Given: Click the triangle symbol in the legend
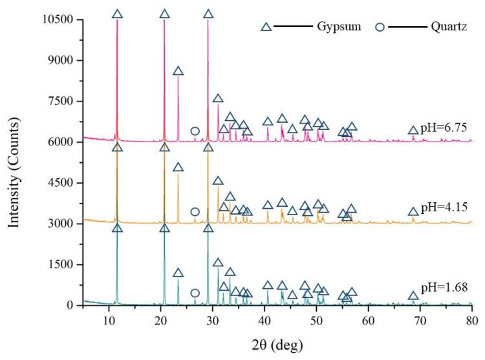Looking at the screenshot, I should (x=265, y=27).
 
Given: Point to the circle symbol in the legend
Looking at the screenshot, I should (x=381, y=27).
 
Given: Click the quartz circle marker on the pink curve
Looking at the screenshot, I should (x=195, y=131).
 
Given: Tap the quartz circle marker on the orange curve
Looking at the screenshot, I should (x=195, y=212).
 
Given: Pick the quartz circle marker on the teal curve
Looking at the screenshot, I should (x=195, y=293).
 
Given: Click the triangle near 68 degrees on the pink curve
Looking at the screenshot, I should (x=413, y=131).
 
